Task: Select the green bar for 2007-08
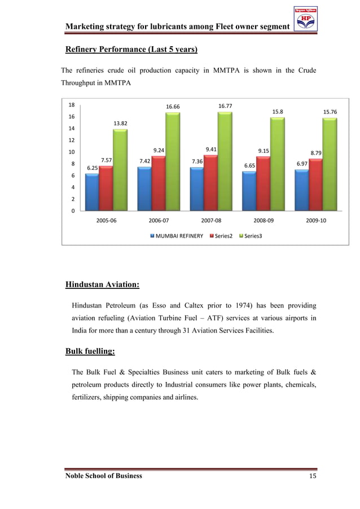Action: tap(225, 161)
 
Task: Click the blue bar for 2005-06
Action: tap(91, 192)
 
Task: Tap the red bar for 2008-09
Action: tap(263, 183)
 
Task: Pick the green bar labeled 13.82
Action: tap(120, 169)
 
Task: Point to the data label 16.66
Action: tap(173, 106)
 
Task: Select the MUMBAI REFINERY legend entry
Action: tap(176, 235)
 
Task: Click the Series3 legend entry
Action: tap(250, 235)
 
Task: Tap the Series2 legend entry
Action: tap(221, 235)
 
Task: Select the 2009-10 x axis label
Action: tap(315, 221)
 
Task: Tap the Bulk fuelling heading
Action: tap(90, 352)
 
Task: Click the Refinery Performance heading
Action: tap(131, 50)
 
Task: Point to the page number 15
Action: tap(312, 476)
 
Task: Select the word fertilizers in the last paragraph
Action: tap(89, 397)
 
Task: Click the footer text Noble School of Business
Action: tap(104, 476)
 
